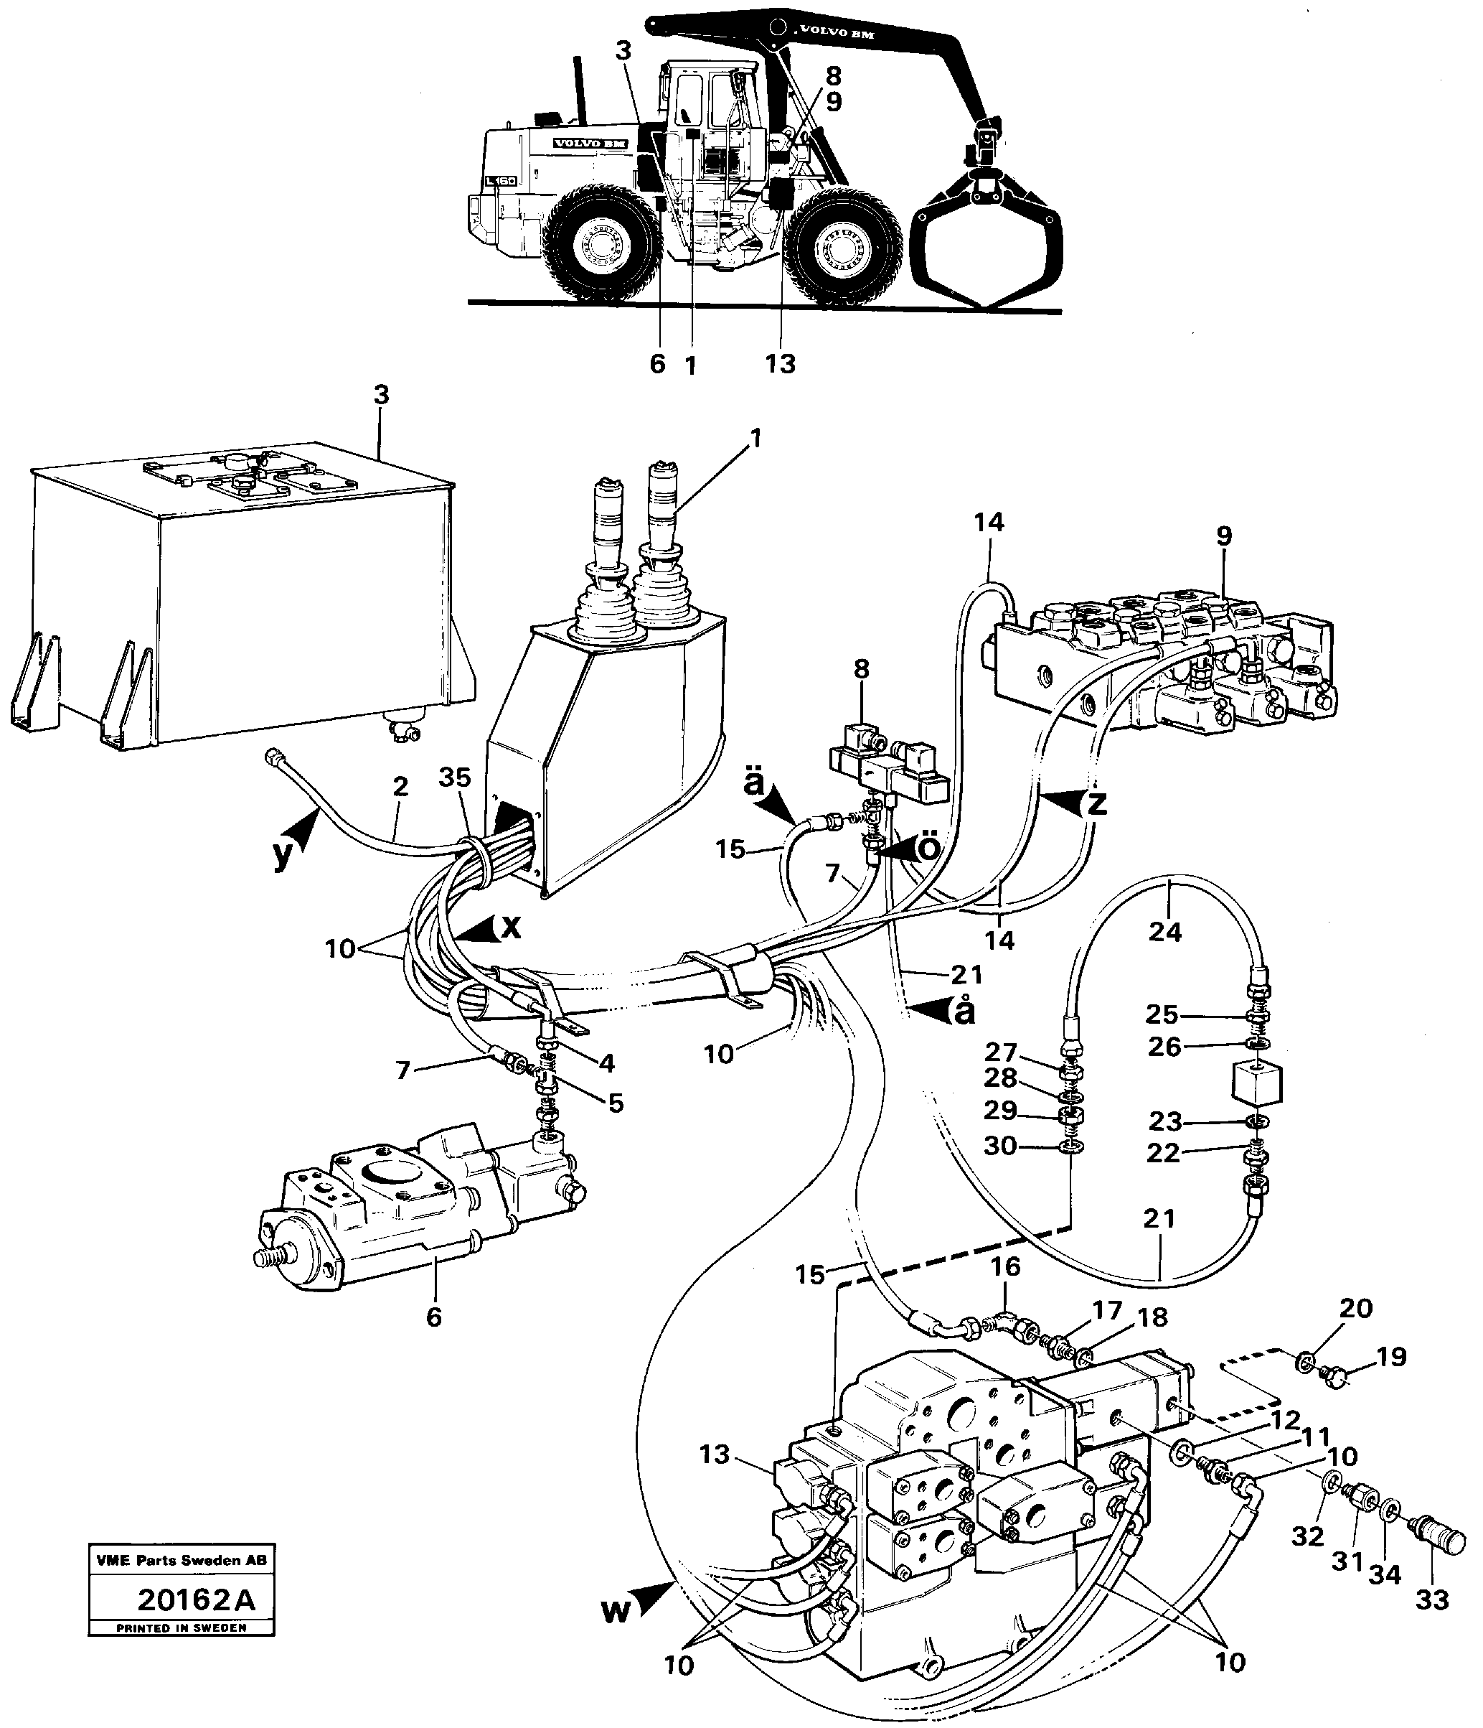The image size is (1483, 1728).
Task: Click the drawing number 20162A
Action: [x=196, y=1600]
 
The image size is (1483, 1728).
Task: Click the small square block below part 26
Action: [x=1256, y=1085]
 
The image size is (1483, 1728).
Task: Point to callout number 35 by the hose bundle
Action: [x=455, y=777]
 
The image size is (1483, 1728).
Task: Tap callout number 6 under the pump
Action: [x=433, y=1317]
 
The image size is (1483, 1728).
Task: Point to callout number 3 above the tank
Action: [x=381, y=394]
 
